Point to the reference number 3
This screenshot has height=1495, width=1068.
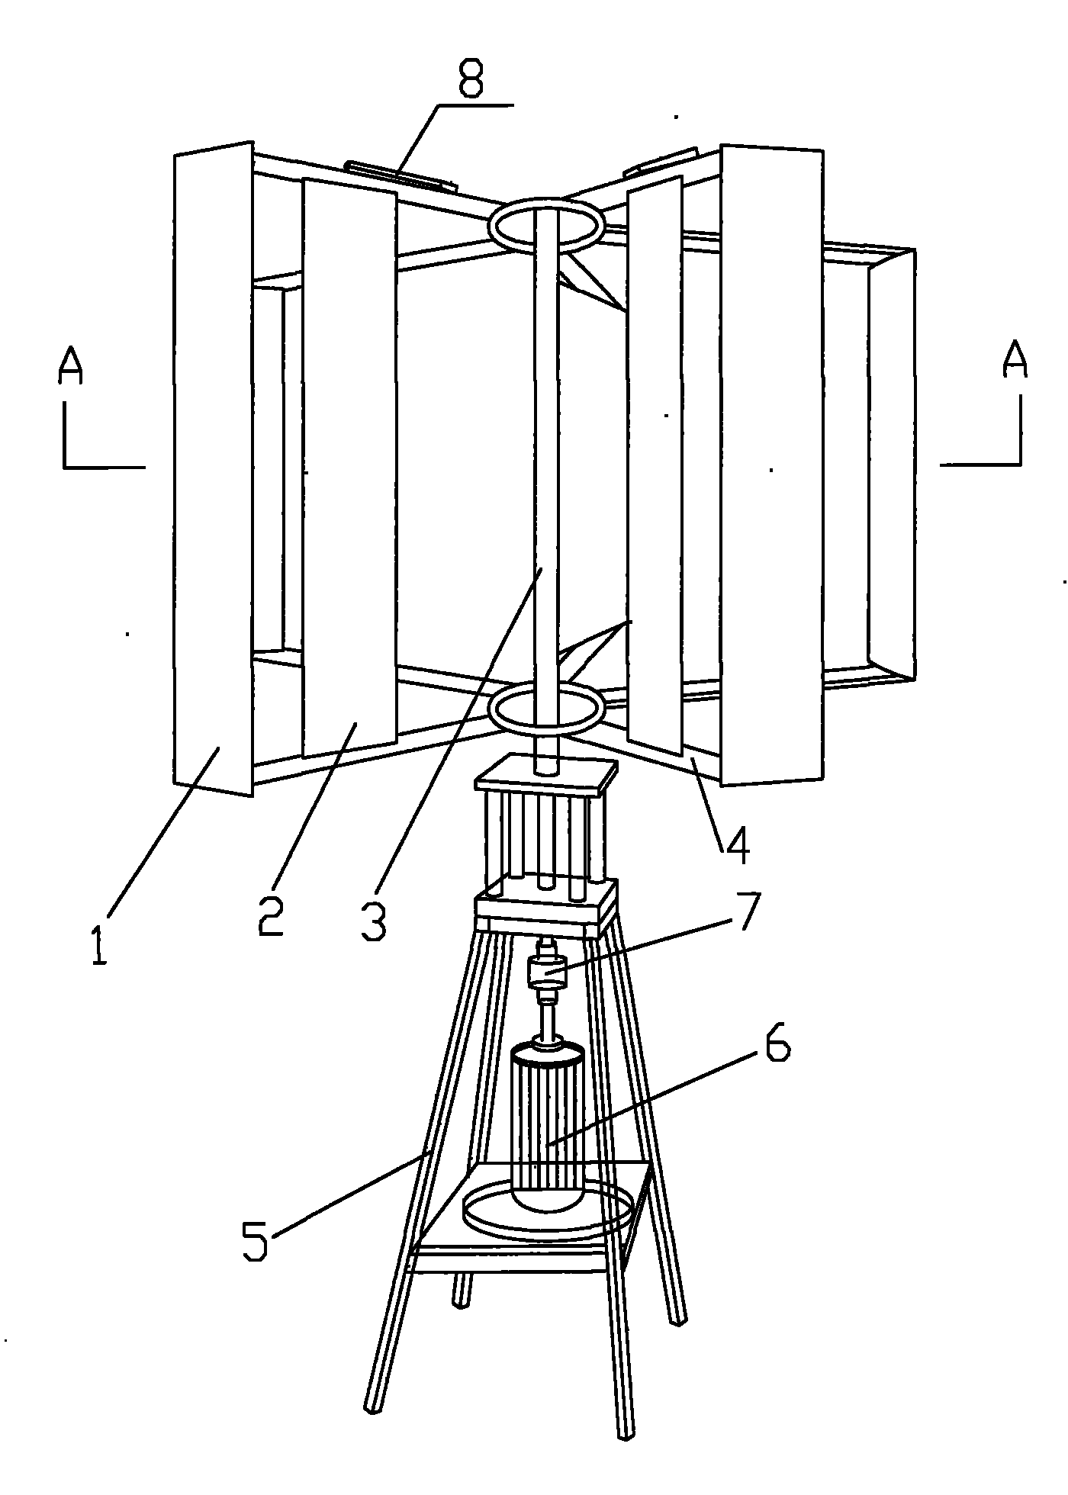point(373,921)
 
